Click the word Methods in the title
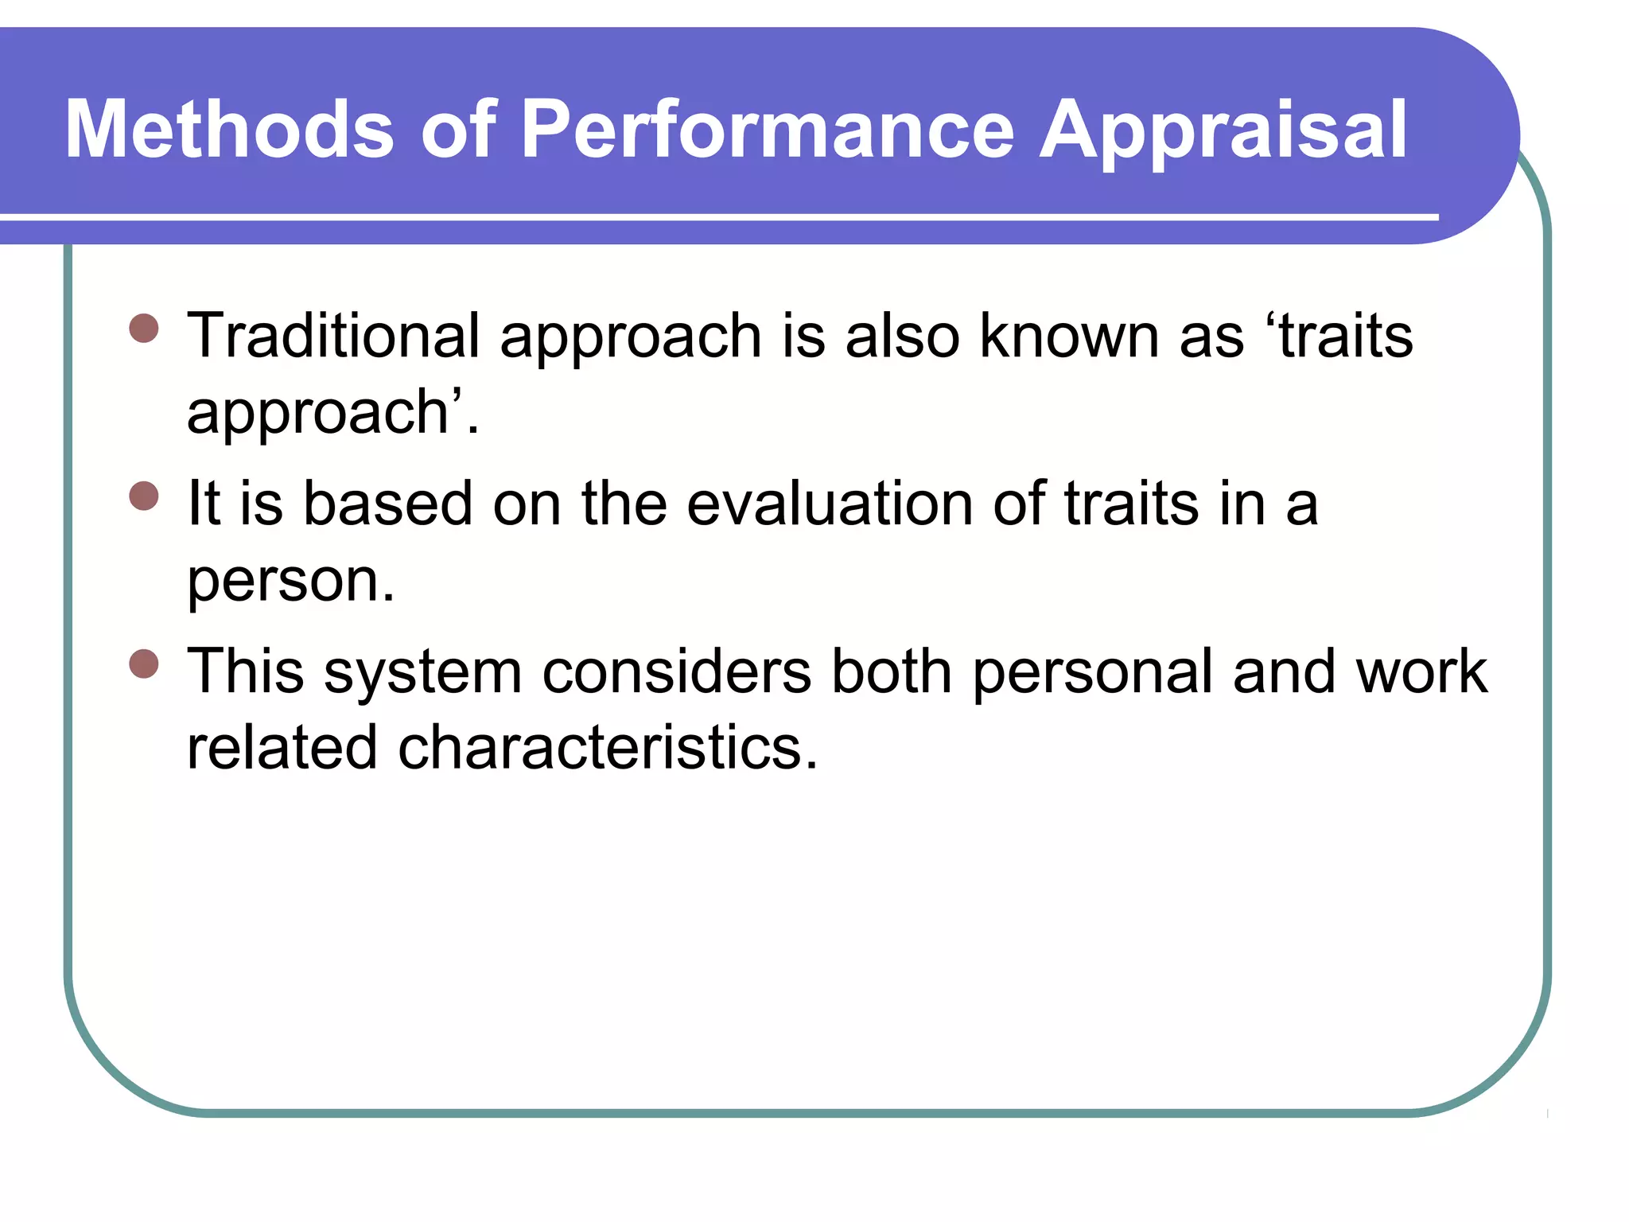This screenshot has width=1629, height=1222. (229, 129)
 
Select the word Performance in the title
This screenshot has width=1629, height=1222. (767, 129)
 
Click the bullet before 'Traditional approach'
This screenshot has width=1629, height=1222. (144, 328)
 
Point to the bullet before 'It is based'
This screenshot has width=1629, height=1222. (144, 496)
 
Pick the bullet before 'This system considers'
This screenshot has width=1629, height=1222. (144, 664)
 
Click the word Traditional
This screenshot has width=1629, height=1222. (333, 336)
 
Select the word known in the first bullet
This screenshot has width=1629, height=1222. (1068, 336)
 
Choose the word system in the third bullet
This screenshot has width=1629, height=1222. (422, 673)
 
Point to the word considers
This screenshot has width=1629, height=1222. (676, 671)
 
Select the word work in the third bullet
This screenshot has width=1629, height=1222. (1421, 671)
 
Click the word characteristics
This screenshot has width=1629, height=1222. (607, 748)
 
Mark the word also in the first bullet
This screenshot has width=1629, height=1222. (902, 336)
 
